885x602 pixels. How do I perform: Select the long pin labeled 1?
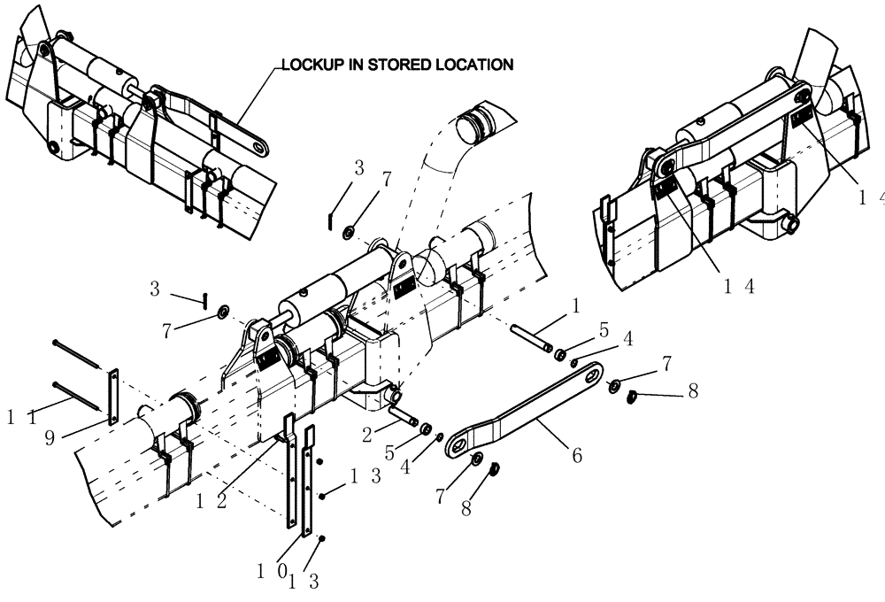click(532, 339)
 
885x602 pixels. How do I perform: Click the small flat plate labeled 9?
click(112, 397)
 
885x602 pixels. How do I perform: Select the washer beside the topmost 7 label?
click(350, 232)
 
